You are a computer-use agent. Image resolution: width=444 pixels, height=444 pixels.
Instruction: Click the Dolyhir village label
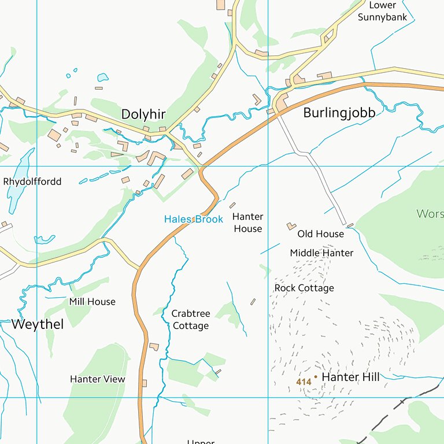coord(143,114)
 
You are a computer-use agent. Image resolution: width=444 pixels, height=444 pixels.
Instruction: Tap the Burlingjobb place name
coord(339,113)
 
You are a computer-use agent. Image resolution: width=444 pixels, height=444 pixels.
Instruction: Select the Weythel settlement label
coord(38,324)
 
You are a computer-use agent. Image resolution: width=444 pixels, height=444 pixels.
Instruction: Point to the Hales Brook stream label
coord(193,219)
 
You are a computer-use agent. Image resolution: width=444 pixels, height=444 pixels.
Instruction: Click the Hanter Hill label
coord(350,377)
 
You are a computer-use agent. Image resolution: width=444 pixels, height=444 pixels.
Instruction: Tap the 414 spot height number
coord(304,382)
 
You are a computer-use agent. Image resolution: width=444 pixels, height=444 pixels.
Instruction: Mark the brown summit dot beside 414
coord(316,376)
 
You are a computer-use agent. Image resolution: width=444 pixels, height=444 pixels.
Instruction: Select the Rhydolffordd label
coord(32,182)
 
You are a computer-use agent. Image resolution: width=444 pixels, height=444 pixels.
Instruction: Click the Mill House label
coord(92,302)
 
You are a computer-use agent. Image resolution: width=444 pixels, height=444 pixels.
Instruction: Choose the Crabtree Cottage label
coord(191,320)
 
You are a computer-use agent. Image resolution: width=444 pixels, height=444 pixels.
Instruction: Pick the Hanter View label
coord(97,379)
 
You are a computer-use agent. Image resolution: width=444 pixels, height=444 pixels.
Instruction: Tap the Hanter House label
coord(247,223)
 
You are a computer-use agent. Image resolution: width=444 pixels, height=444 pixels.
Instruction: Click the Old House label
coord(320,234)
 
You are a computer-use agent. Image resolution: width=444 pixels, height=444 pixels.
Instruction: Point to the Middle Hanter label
coord(321,253)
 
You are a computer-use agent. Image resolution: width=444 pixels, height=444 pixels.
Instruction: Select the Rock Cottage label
coord(304,288)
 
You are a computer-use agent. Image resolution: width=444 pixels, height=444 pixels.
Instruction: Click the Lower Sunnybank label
coord(382,11)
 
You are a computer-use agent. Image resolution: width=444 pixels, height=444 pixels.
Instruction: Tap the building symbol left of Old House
coord(291,226)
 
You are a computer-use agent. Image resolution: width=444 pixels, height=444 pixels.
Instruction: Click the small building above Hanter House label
coord(232,205)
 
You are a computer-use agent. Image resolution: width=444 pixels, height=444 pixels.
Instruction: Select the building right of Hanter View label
coord(144,383)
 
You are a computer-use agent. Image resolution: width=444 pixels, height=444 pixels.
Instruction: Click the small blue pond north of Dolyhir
coord(102,77)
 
